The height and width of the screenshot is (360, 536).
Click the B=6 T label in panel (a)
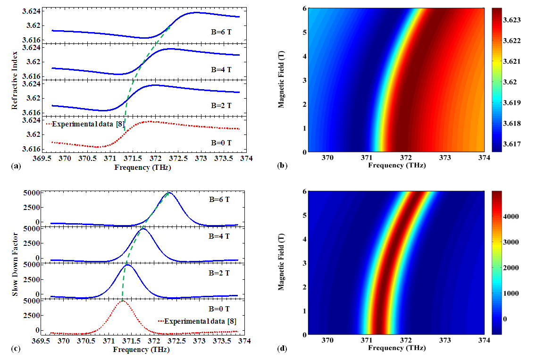(x=221, y=33)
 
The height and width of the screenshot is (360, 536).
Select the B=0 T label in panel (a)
(x=221, y=142)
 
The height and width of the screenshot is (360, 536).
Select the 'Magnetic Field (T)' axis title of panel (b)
(x=282, y=80)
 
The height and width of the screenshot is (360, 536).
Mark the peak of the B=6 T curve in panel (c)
(x=169, y=193)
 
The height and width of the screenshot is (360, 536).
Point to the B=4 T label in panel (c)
(x=220, y=236)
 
